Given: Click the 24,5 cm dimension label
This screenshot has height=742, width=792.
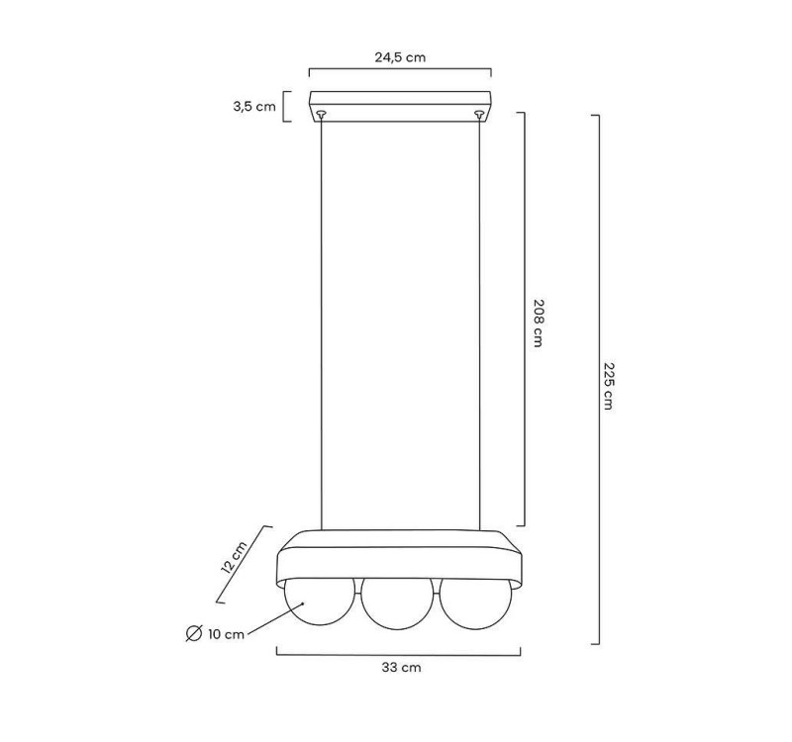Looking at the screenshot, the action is point(400,57).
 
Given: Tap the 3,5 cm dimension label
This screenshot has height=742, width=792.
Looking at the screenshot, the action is point(254,107).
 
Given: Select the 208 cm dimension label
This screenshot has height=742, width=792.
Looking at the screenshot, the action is point(539,324).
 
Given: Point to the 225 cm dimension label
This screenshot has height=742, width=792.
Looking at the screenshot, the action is point(609,386).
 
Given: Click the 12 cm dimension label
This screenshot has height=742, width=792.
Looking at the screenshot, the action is point(234,557).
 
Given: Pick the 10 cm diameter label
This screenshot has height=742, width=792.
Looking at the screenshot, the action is point(226,634).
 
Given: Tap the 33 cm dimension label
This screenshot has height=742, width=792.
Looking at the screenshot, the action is point(401,667).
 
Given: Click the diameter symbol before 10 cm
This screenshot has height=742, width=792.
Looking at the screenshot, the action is point(194,633).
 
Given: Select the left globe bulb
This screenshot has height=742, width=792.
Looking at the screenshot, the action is point(320,603).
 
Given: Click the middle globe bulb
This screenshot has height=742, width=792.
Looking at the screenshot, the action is point(398,604).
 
